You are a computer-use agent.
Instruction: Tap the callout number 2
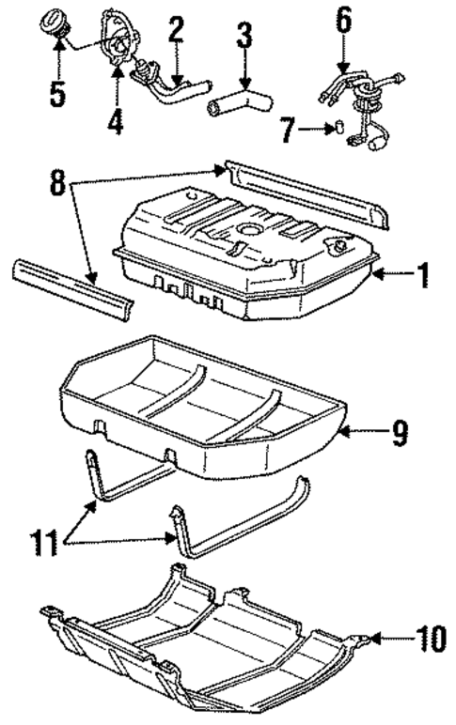pyautogui.click(x=175, y=28)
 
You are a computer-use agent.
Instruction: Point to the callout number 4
pyautogui.click(x=115, y=123)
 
